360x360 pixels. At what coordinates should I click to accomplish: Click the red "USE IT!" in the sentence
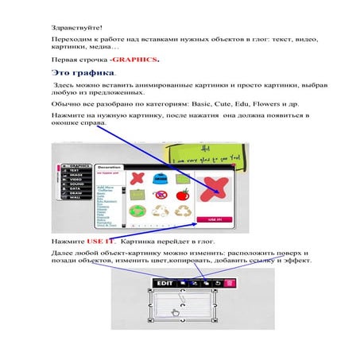pos(101,238)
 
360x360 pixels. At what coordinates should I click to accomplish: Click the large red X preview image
pos(215,186)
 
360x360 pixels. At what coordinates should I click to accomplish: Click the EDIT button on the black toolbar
pos(165,282)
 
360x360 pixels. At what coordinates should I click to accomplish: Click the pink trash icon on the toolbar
pos(230,282)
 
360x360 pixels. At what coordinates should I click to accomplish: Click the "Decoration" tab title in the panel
pos(110,168)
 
